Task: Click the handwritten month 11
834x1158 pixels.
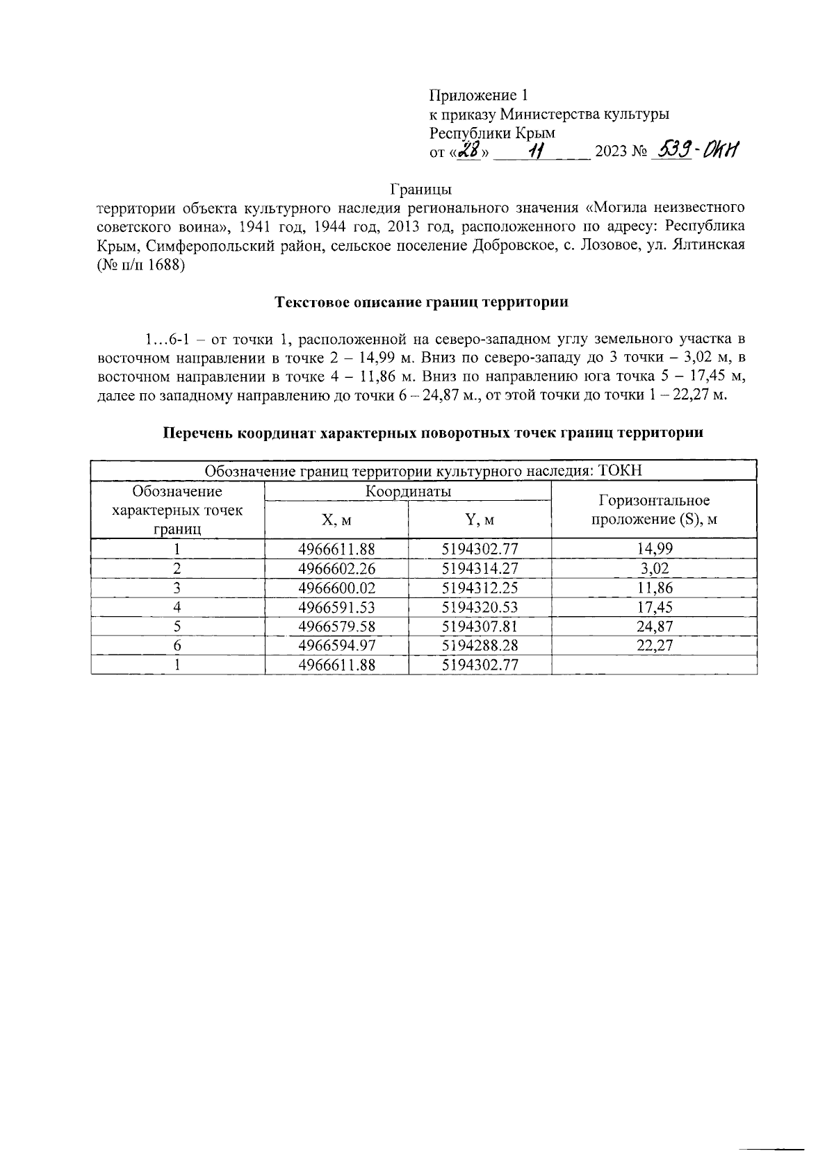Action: pyautogui.click(x=536, y=150)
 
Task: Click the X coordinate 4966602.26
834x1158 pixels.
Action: pyautogui.click(x=336, y=568)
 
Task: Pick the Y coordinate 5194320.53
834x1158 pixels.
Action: pyautogui.click(x=480, y=606)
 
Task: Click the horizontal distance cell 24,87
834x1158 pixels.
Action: pyautogui.click(x=654, y=626)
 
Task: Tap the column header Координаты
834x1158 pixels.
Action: pyautogui.click(x=408, y=491)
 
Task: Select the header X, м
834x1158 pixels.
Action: pyautogui.click(x=336, y=520)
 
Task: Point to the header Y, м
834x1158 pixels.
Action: pyautogui.click(x=480, y=520)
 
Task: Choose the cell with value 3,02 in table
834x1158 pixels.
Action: pyautogui.click(x=654, y=568)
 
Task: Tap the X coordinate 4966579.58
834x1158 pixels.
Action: pyautogui.click(x=336, y=626)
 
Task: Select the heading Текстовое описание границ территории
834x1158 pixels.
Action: pyautogui.click(x=422, y=302)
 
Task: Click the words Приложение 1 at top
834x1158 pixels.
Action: pyautogui.click(x=480, y=95)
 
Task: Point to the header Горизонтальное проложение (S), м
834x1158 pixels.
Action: pyautogui.click(x=654, y=510)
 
